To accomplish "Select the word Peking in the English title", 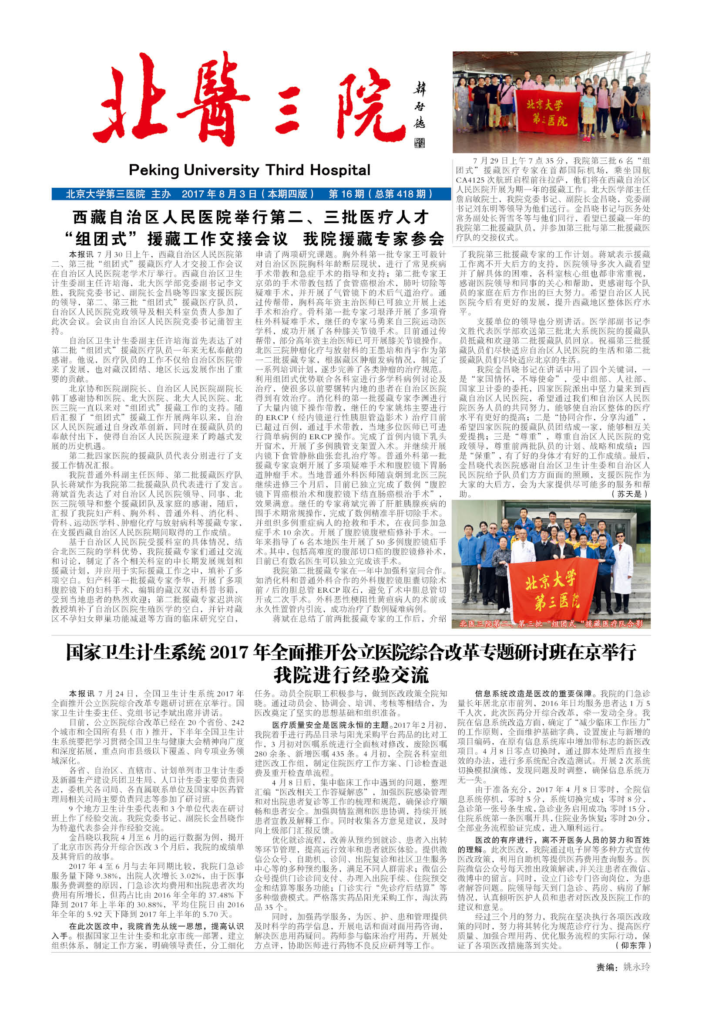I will (x=154, y=170).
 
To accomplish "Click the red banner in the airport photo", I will (x=548, y=113).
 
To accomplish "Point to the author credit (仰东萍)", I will (x=633, y=945).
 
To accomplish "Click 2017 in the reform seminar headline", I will (x=229, y=652).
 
